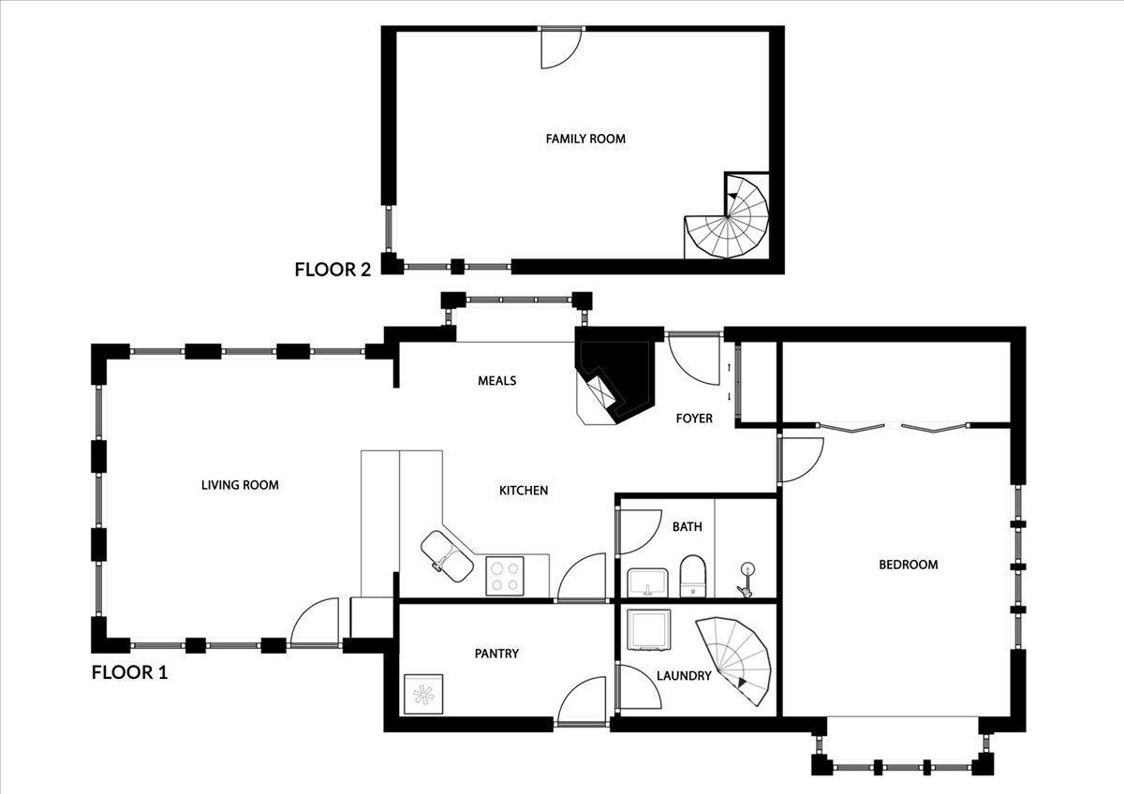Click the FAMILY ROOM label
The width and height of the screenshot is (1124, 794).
pos(585,139)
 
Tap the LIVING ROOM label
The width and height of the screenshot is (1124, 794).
pos(240,485)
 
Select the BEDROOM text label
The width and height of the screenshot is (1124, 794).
pos(908,565)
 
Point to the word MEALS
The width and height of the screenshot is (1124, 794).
pos(496,381)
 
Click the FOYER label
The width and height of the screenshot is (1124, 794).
pos(694,419)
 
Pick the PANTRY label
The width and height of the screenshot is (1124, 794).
pos(496,654)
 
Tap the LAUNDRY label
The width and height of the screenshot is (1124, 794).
pos(684,676)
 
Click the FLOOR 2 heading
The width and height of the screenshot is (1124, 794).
pos(333,270)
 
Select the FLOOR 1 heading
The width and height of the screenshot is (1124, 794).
pos(129,671)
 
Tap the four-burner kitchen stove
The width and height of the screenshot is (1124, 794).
pos(505,575)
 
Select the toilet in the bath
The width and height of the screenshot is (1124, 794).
pos(692,574)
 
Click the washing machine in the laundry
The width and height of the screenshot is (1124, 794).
pos(647,629)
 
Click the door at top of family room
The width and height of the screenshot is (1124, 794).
pos(561,47)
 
